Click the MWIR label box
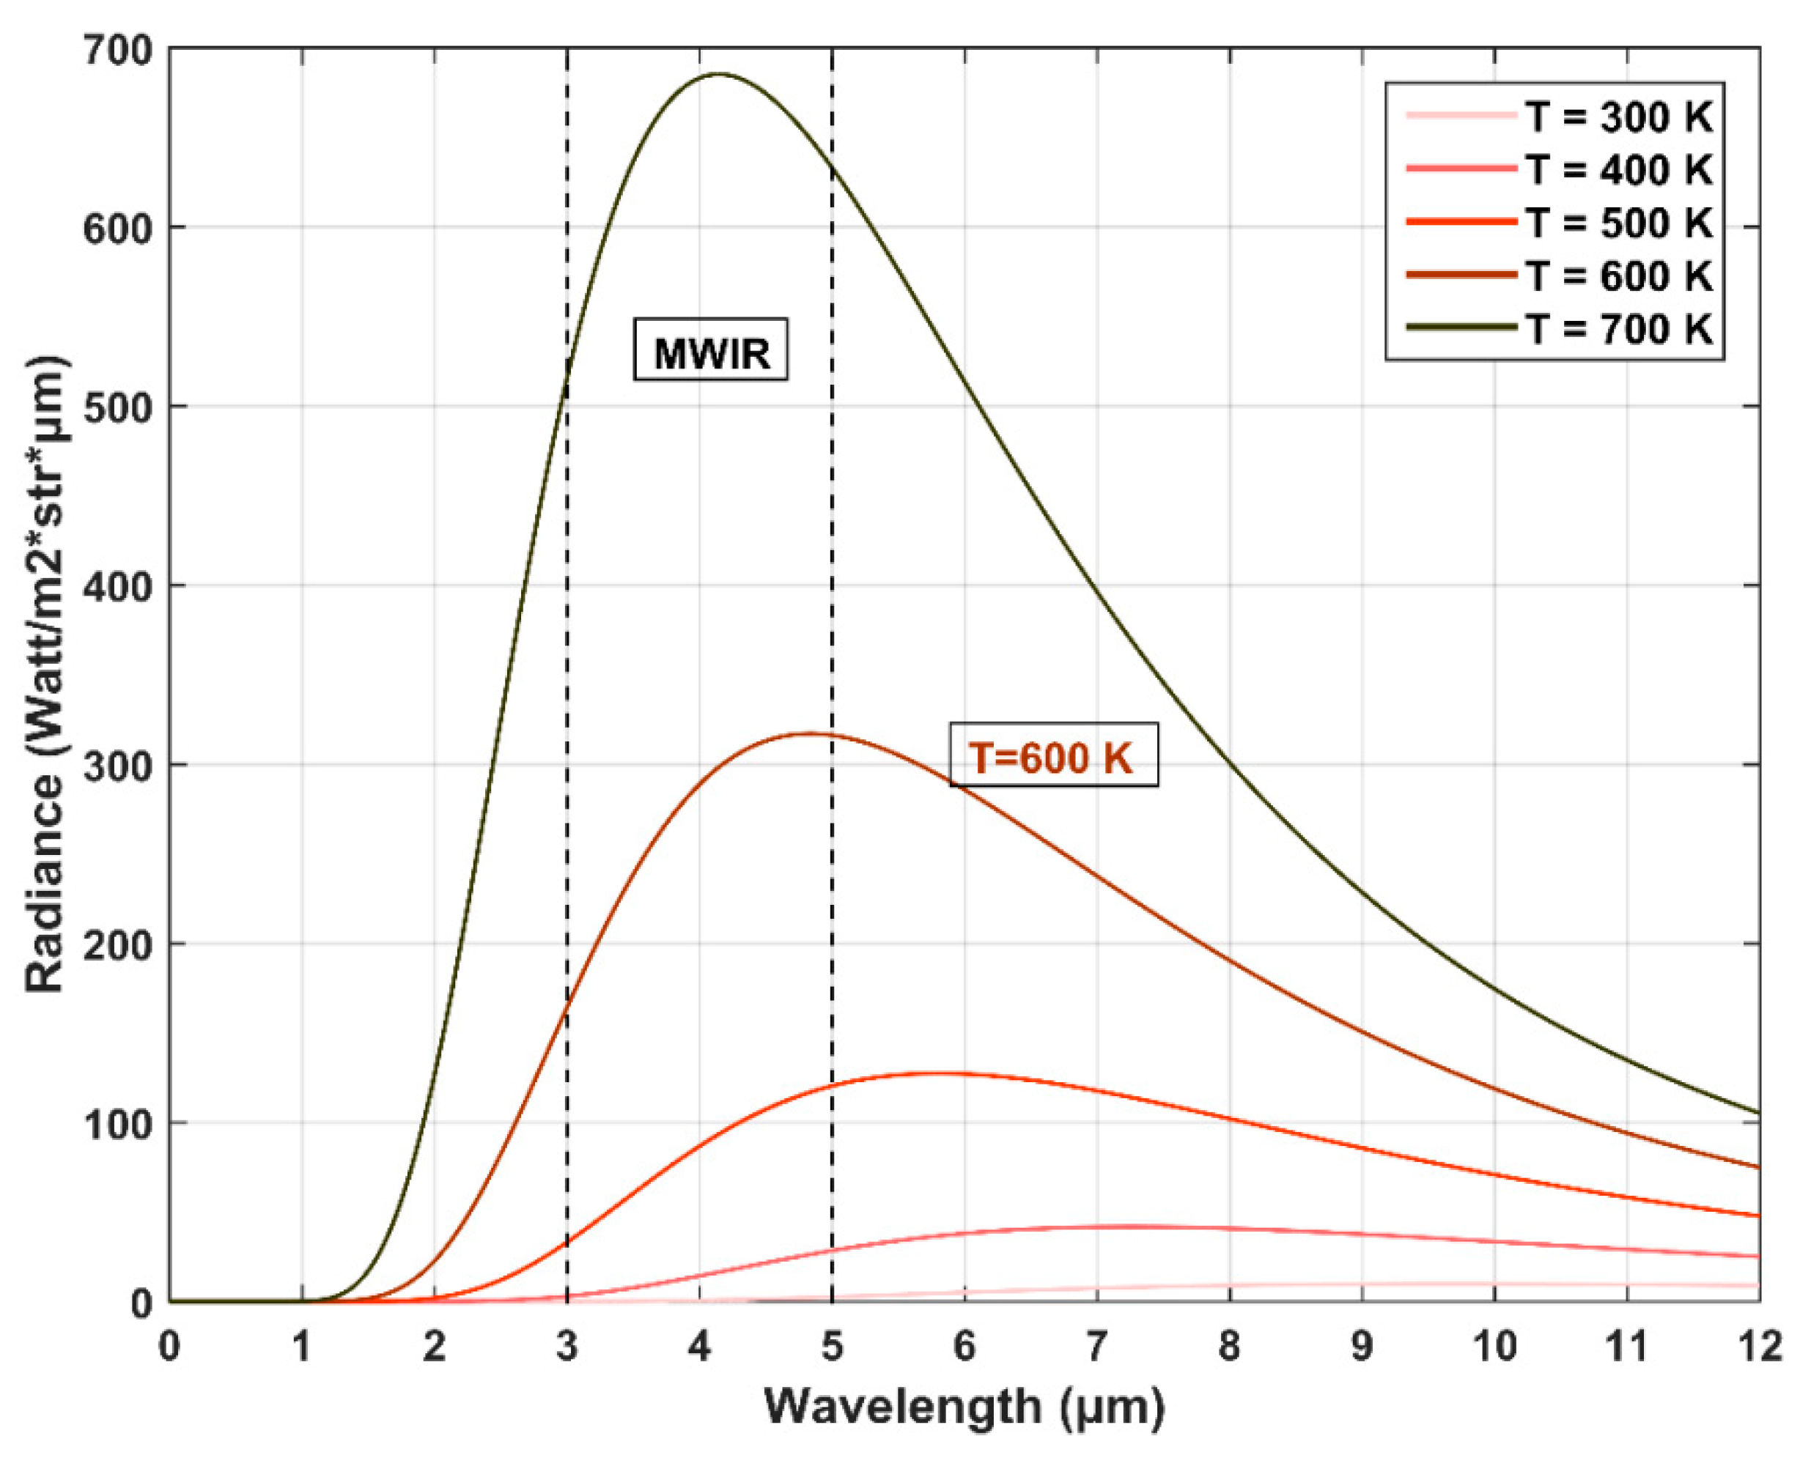click(x=711, y=349)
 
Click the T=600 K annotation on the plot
click(x=1053, y=755)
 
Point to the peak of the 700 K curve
click(x=719, y=74)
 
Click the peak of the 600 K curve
click(x=808, y=733)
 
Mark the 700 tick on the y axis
click(x=117, y=51)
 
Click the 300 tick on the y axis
click(x=117, y=765)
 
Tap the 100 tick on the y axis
click(x=117, y=1124)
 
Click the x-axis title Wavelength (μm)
click(x=964, y=1407)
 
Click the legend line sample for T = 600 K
click(x=1461, y=275)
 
